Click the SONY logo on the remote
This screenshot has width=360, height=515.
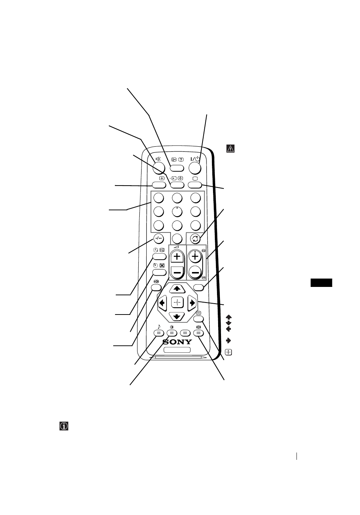pyautogui.click(x=177, y=342)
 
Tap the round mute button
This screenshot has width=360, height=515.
pyautogui.click(x=158, y=167)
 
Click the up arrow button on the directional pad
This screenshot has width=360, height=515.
pyautogui.click(x=177, y=288)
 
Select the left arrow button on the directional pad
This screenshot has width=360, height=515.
pyautogui.click(x=162, y=302)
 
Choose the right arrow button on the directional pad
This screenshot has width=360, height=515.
pyautogui.click(x=192, y=302)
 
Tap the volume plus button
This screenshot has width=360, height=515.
pyautogui.click(x=177, y=257)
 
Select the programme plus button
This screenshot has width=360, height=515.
pyautogui.click(x=196, y=257)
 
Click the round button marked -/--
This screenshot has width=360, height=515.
pyautogui.click(x=158, y=239)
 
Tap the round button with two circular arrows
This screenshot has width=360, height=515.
pyautogui.click(x=196, y=239)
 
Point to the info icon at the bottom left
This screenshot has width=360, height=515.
pyautogui.click(x=64, y=426)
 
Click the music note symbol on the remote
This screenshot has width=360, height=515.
pyautogui.click(x=159, y=326)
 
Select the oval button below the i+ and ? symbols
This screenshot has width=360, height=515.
pyautogui.click(x=177, y=168)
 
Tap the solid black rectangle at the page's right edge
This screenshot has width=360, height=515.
pyautogui.click(x=322, y=283)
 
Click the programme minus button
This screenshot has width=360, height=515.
pyautogui.click(x=196, y=272)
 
